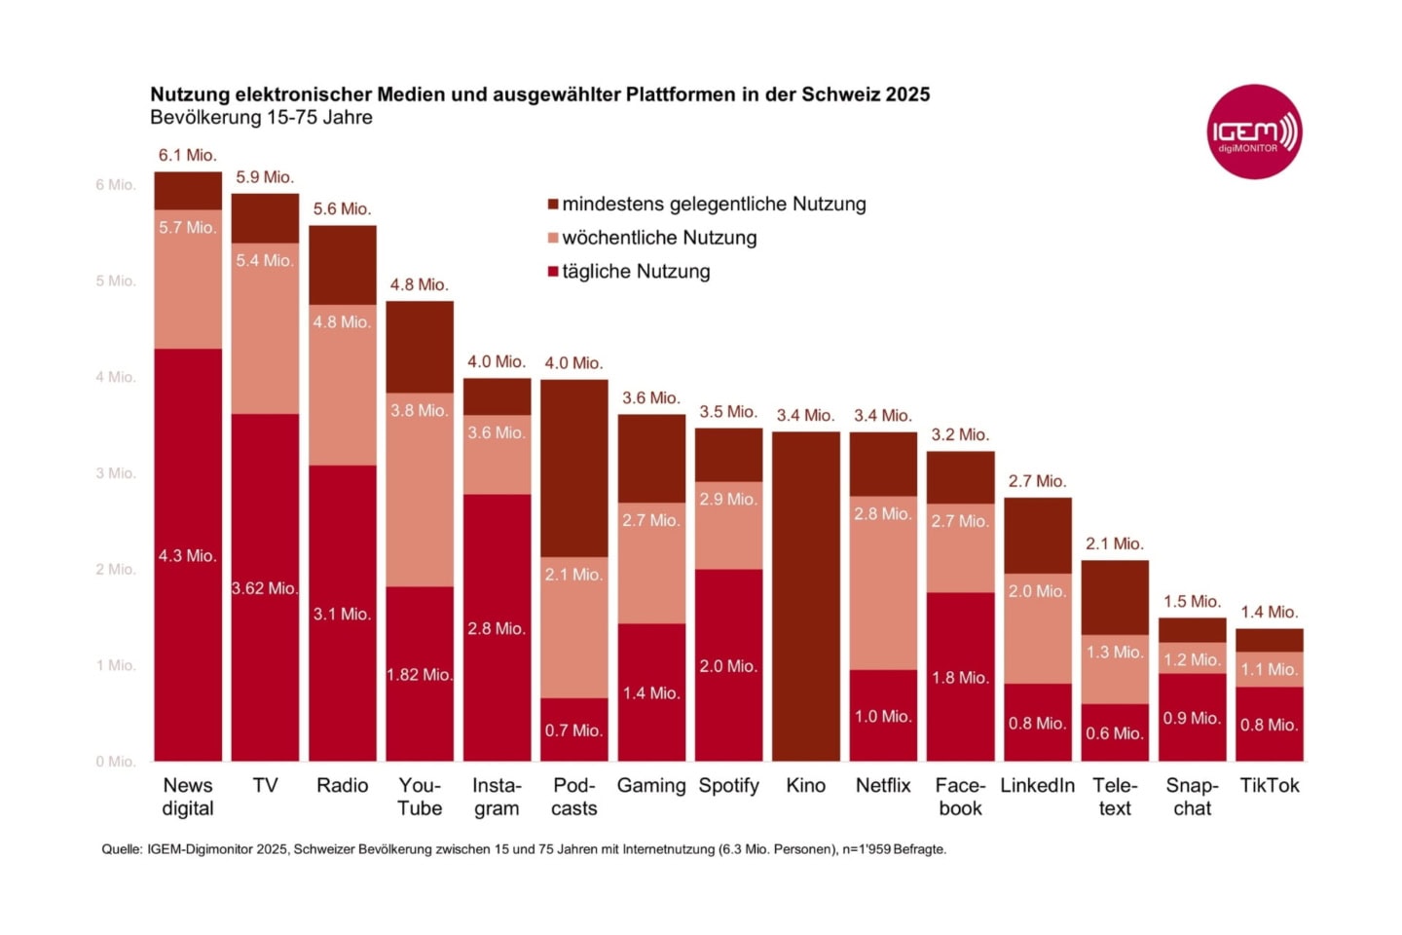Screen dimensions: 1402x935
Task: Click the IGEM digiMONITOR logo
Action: (x=1254, y=131)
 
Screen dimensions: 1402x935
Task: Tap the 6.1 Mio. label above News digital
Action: (x=187, y=155)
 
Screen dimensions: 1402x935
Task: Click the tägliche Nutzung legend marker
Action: (x=553, y=272)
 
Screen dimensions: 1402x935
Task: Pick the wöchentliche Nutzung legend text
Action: (x=659, y=238)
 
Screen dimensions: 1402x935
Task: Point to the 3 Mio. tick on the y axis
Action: (x=115, y=473)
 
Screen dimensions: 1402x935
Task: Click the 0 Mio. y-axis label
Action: (x=115, y=762)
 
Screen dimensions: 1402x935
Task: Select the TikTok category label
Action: (x=1269, y=785)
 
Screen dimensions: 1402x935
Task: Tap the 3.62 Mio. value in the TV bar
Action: (x=264, y=588)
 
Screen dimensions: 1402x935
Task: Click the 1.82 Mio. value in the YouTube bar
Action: (x=419, y=675)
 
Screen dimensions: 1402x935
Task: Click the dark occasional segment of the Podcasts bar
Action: (x=573, y=467)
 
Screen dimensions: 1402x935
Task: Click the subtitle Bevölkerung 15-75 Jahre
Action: (x=261, y=118)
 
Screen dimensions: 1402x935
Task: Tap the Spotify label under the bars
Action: (x=728, y=785)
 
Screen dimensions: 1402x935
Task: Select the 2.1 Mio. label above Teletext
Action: (x=1114, y=543)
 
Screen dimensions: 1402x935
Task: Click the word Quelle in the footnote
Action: (x=121, y=849)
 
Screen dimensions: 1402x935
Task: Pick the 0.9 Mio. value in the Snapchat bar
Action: (x=1192, y=718)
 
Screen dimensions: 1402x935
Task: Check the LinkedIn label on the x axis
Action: (x=1037, y=785)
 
